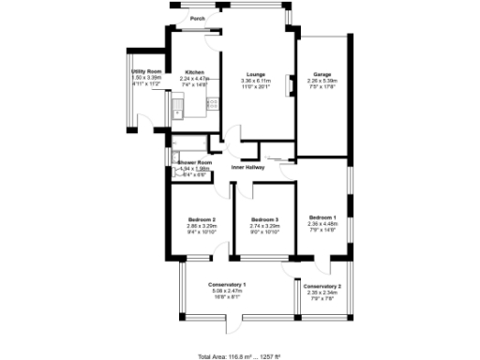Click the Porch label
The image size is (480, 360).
tap(198, 18)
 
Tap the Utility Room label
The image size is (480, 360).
tap(148, 72)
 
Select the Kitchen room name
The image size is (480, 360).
tap(195, 72)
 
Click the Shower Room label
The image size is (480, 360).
tap(193, 163)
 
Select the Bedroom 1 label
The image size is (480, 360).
tap(323, 217)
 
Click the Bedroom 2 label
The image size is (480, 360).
tap(202, 219)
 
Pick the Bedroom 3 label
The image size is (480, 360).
tap(265, 219)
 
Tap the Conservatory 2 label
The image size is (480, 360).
tap(323, 286)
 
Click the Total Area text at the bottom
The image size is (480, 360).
tap(238, 356)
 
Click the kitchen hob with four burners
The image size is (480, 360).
tap(213, 105)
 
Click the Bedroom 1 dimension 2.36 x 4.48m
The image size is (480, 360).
tap(323, 224)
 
